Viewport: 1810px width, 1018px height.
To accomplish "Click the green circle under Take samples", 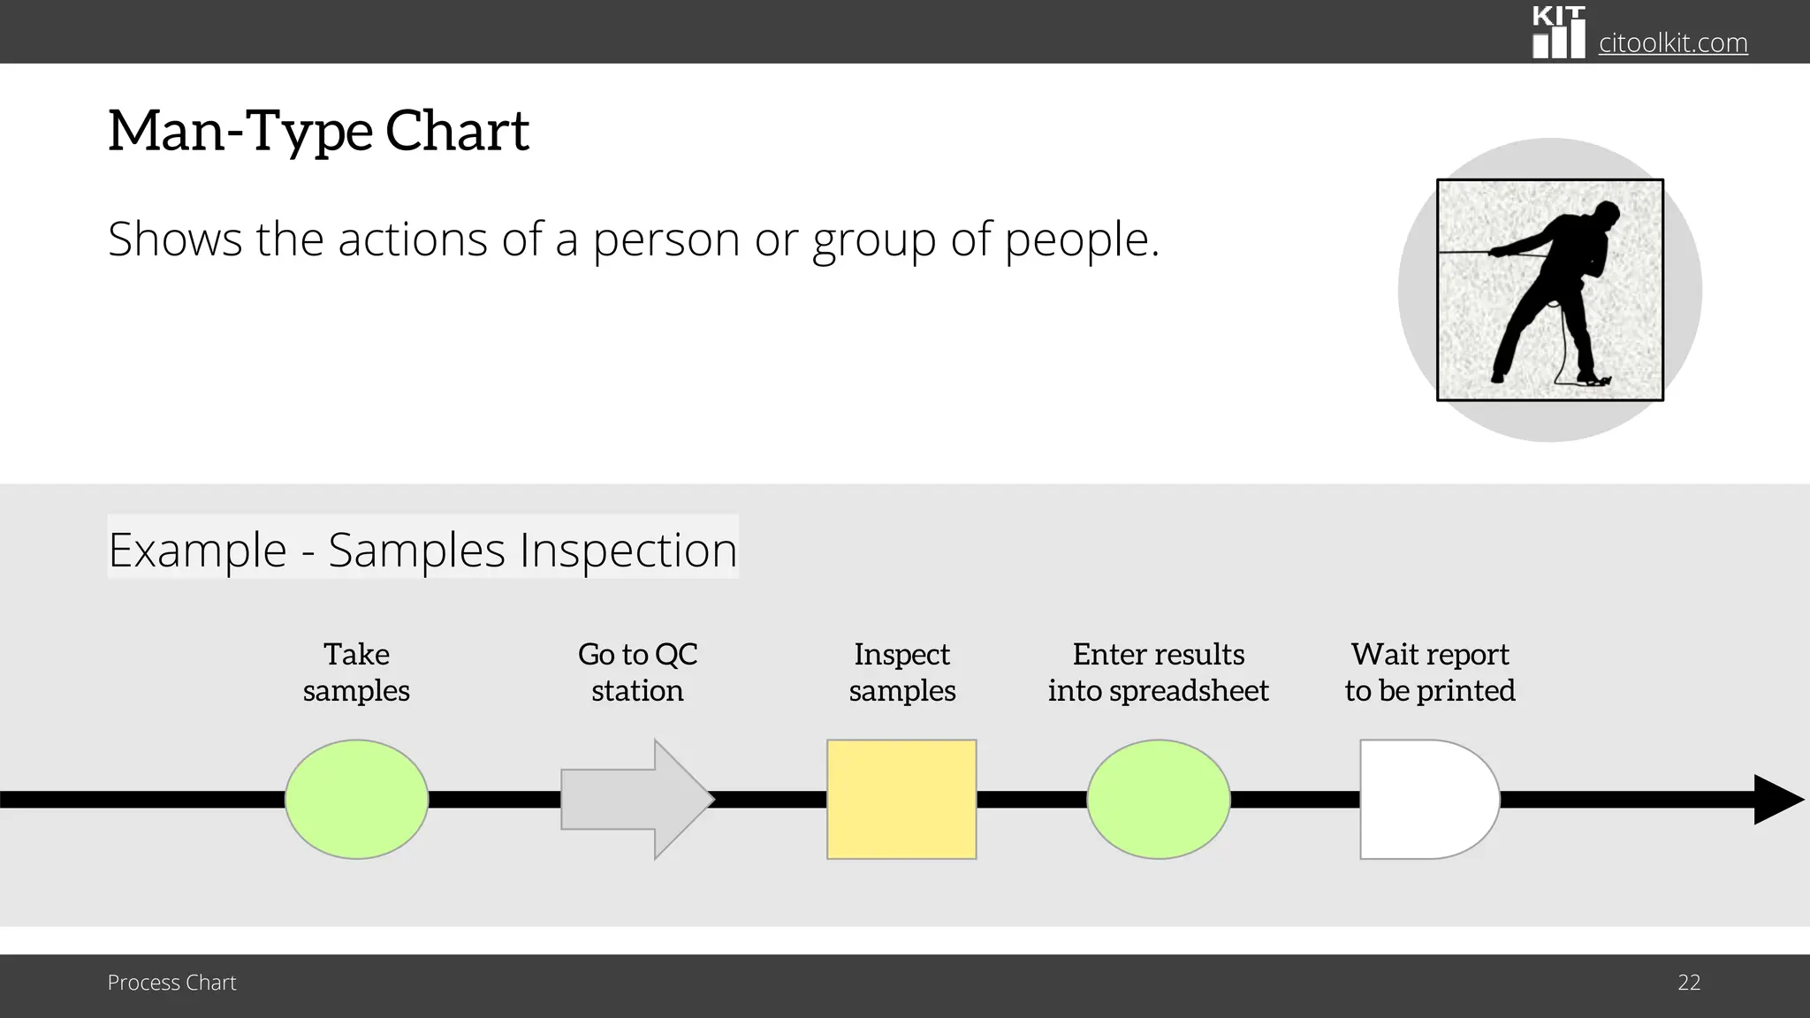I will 356,799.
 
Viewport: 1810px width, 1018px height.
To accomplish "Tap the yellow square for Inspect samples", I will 901,799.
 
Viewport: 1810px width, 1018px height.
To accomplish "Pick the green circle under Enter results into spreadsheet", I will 1158,799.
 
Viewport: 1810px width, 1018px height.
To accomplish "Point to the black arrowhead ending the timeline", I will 1776,799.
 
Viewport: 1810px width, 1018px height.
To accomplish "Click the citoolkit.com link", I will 1673,42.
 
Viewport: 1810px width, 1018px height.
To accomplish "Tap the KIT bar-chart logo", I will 1558,33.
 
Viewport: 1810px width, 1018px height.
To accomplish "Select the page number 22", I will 1689,983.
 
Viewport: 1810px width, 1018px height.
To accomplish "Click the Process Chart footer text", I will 171,983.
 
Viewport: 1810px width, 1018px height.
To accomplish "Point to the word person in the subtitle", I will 665,239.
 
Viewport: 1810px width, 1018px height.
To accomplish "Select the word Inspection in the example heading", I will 628,550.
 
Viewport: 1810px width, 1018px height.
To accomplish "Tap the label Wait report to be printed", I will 1430,672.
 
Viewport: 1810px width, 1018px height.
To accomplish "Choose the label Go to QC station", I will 637,672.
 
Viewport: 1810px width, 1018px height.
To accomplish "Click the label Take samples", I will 356,672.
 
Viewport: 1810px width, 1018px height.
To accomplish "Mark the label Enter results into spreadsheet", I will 1158,672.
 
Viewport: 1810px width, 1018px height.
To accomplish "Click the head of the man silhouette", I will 1605,214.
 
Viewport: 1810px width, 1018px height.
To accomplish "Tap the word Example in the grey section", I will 197,550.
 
